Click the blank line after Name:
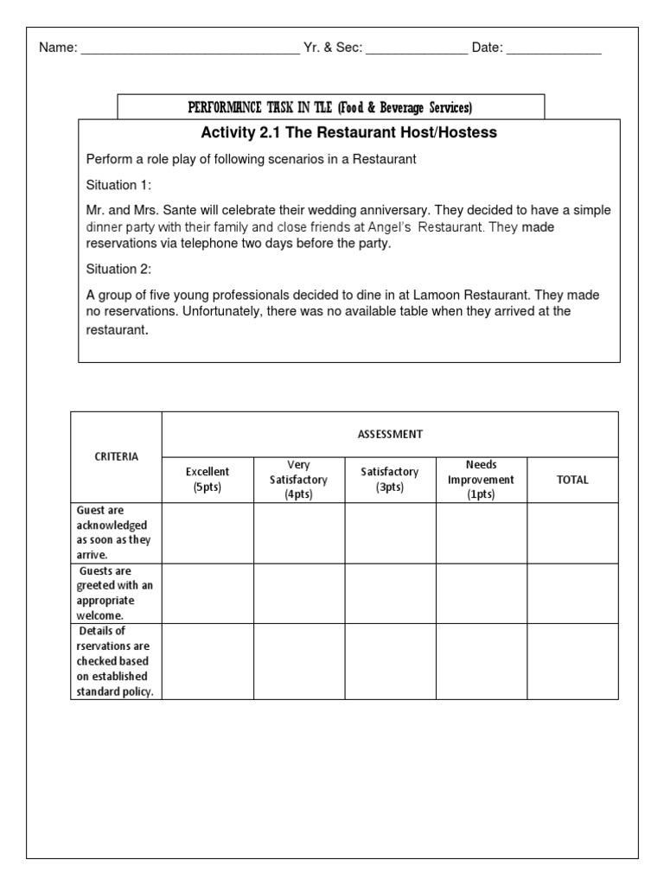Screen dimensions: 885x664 point(189,50)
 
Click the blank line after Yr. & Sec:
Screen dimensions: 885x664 point(416,50)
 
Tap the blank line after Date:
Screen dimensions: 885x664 point(553,50)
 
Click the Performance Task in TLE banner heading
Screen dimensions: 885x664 point(331,108)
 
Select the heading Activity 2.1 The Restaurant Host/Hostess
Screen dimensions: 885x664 point(348,133)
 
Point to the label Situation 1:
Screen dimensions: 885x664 point(117,184)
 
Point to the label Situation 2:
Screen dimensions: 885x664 point(117,270)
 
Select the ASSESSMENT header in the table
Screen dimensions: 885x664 point(390,434)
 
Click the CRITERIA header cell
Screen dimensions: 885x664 point(116,457)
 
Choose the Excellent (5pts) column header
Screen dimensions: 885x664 point(207,480)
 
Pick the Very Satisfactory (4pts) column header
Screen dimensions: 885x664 point(299,480)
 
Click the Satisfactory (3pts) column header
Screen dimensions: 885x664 point(390,480)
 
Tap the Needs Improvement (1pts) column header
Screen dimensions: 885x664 point(481,480)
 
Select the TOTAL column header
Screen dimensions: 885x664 point(572,480)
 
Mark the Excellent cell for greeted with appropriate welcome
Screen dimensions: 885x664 point(207,594)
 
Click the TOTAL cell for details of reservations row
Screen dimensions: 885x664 point(572,661)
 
